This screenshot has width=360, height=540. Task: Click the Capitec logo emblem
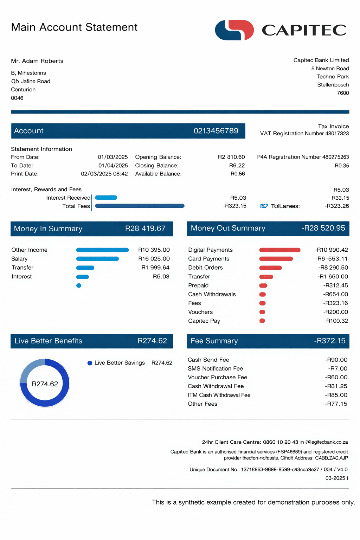tap(234, 30)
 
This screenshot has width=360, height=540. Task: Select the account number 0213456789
tap(216, 131)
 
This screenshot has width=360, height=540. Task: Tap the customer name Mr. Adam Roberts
tap(37, 61)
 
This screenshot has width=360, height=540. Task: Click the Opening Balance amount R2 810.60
tap(231, 157)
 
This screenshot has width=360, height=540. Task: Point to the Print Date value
tap(104, 174)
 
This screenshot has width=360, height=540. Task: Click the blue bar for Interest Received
tap(106, 198)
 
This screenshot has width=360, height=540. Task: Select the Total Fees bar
tap(140, 206)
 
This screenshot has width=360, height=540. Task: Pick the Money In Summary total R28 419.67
tap(145, 229)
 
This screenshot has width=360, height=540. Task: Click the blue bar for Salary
tap(97, 259)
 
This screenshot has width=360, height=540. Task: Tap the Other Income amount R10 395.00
tap(154, 250)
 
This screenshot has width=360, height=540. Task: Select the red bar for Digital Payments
tap(280, 250)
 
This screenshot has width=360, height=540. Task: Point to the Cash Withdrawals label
tap(212, 294)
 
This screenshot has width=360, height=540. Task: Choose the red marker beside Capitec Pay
tap(262, 321)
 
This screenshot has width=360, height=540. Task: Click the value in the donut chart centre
tap(45, 384)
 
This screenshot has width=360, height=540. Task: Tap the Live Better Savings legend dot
tap(90, 363)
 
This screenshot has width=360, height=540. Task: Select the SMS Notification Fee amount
tap(338, 368)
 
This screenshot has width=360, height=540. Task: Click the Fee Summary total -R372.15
tap(329, 341)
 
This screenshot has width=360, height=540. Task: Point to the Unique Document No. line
tap(268, 469)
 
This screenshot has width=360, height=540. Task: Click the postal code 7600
tap(343, 93)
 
